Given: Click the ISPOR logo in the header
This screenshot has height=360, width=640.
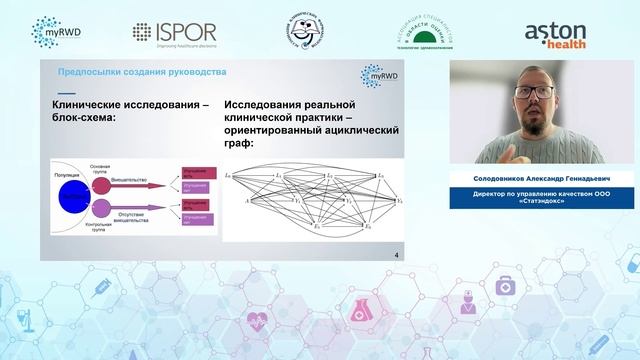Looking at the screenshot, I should pyautogui.click(x=174, y=33).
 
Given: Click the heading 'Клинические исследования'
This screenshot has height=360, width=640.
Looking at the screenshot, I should pyautogui.click(x=130, y=105).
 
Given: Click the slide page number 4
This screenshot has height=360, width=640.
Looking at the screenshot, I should pyautogui.click(x=398, y=255).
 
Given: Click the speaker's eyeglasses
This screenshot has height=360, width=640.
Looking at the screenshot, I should pyautogui.click(x=538, y=92).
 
